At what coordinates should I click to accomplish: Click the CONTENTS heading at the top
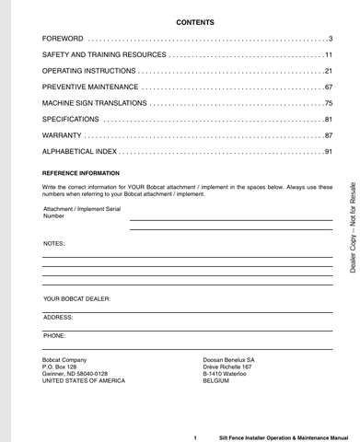click(188, 20)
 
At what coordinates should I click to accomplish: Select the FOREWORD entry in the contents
click(63, 39)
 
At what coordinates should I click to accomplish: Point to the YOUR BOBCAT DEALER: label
click(76, 299)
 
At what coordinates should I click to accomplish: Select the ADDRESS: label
click(59, 317)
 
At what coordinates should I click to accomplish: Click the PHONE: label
click(54, 336)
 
